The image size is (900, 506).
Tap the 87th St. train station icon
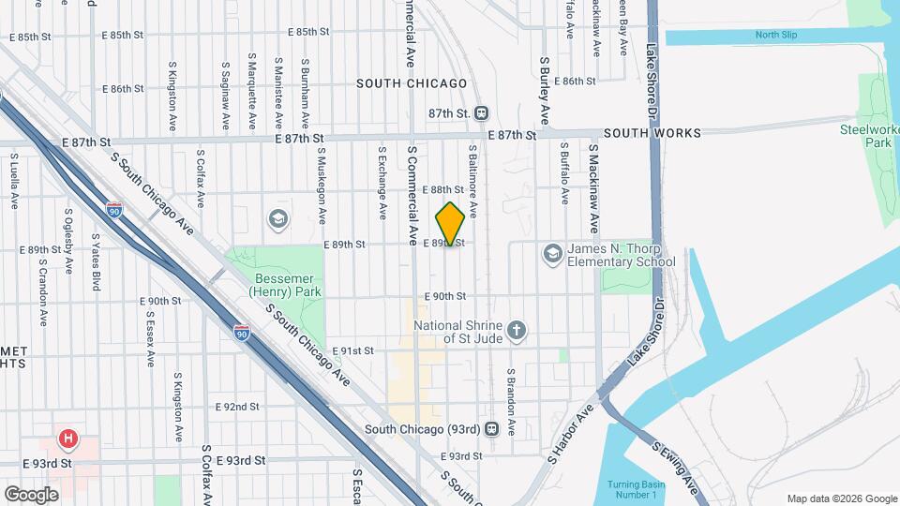[x=481, y=113]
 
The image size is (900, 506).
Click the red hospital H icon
[x=67, y=439]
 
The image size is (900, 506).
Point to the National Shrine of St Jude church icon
[x=516, y=330]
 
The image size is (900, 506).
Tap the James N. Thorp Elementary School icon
[x=552, y=254]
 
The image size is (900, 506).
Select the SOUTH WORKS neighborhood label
[x=652, y=134]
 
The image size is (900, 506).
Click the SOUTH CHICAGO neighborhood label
[x=412, y=83]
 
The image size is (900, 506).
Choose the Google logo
[x=31, y=494]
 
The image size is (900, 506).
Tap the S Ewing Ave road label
[x=677, y=468]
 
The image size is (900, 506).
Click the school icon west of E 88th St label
[x=277, y=219]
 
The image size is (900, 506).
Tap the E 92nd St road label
[x=236, y=407]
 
